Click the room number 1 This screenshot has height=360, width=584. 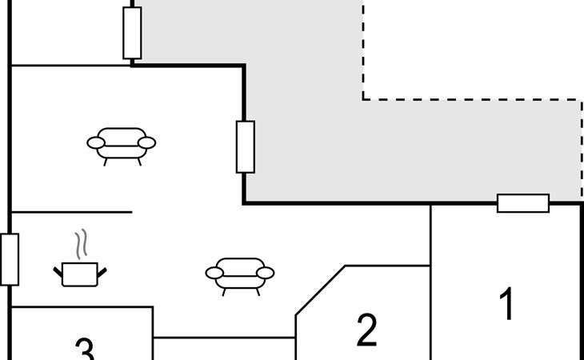point(506,305)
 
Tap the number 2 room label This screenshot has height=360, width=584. point(366,330)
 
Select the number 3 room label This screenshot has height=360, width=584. point(85,349)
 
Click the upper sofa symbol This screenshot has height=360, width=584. point(121,143)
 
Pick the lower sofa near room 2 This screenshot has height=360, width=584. point(240,273)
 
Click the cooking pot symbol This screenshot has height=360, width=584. point(80,273)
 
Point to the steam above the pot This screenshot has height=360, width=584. point(80,243)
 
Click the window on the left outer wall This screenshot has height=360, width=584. point(10,259)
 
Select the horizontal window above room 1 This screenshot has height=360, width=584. point(523,203)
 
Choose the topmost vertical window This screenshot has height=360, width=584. point(132,33)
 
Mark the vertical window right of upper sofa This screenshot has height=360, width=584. point(245,146)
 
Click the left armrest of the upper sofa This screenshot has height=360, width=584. point(96,143)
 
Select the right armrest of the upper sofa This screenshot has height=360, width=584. point(146,143)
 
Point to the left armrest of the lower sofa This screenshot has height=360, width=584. point(214,273)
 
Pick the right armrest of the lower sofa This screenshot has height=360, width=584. point(266,273)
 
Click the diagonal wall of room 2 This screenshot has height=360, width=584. point(320,290)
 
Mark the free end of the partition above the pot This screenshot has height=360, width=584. point(130,213)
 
